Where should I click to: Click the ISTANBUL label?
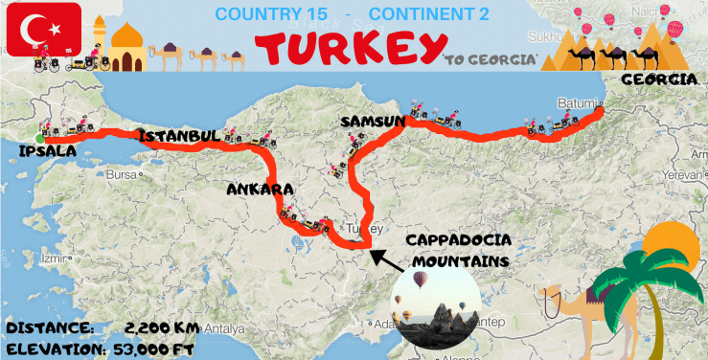pos(179,137)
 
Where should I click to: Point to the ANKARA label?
pos(259,190)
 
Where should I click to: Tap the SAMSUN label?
pos(372,123)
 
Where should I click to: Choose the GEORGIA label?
pos(659,79)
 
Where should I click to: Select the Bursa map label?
pos(121,175)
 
